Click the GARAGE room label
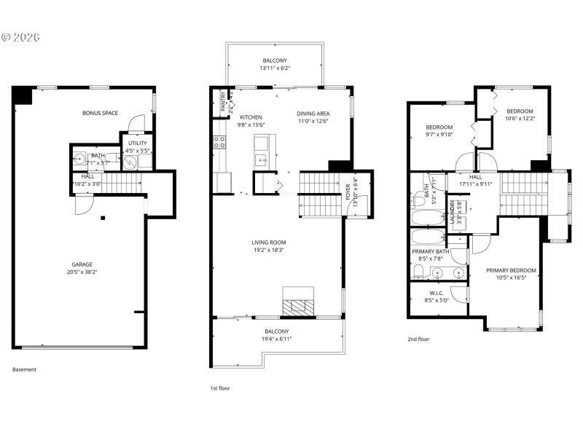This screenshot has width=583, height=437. (x=81, y=264)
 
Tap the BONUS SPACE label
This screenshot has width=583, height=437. (x=100, y=113)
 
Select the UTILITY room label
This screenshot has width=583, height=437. (x=137, y=143)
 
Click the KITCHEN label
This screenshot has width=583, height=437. (x=251, y=117)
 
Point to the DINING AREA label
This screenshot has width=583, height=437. (x=313, y=114)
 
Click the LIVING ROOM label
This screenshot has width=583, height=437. (x=269, y=243)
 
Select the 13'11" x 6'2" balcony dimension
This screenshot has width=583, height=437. (x=275, y=68)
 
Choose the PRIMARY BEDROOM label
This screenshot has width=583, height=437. (x=511, y=270)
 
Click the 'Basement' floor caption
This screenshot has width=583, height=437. (x=24, y=369)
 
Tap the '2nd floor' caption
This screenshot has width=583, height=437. (x=418, y=339)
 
